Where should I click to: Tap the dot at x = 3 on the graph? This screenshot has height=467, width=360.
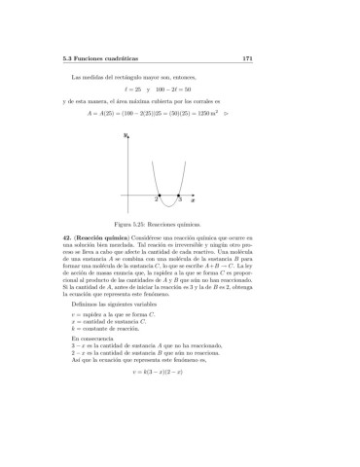(179, 198)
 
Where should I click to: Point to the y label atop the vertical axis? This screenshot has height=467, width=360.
(126, 137)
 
